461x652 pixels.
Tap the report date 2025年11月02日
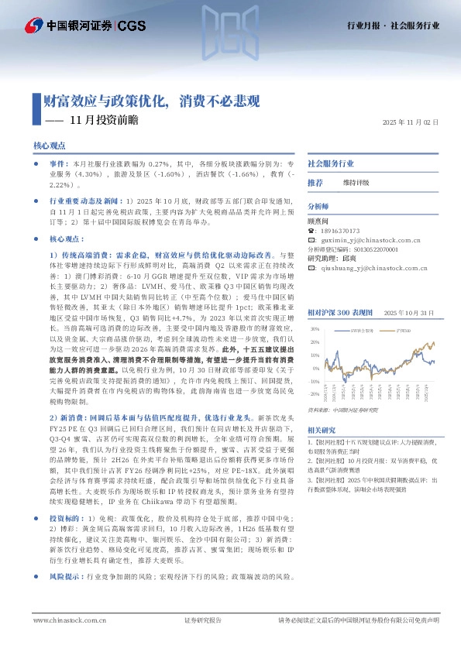pyautogui.click(x=411, y=122)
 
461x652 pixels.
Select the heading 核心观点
pyautogui.click(x=50, y=146)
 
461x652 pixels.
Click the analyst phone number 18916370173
pyautogui.click(x=343, y=230)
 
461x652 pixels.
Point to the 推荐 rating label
pyautogui.click(x=315, y=183)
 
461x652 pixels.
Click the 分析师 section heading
pyautogui.click(x=318, y=207)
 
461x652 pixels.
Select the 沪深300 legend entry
pyautogui.click(x=401, y=309)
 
